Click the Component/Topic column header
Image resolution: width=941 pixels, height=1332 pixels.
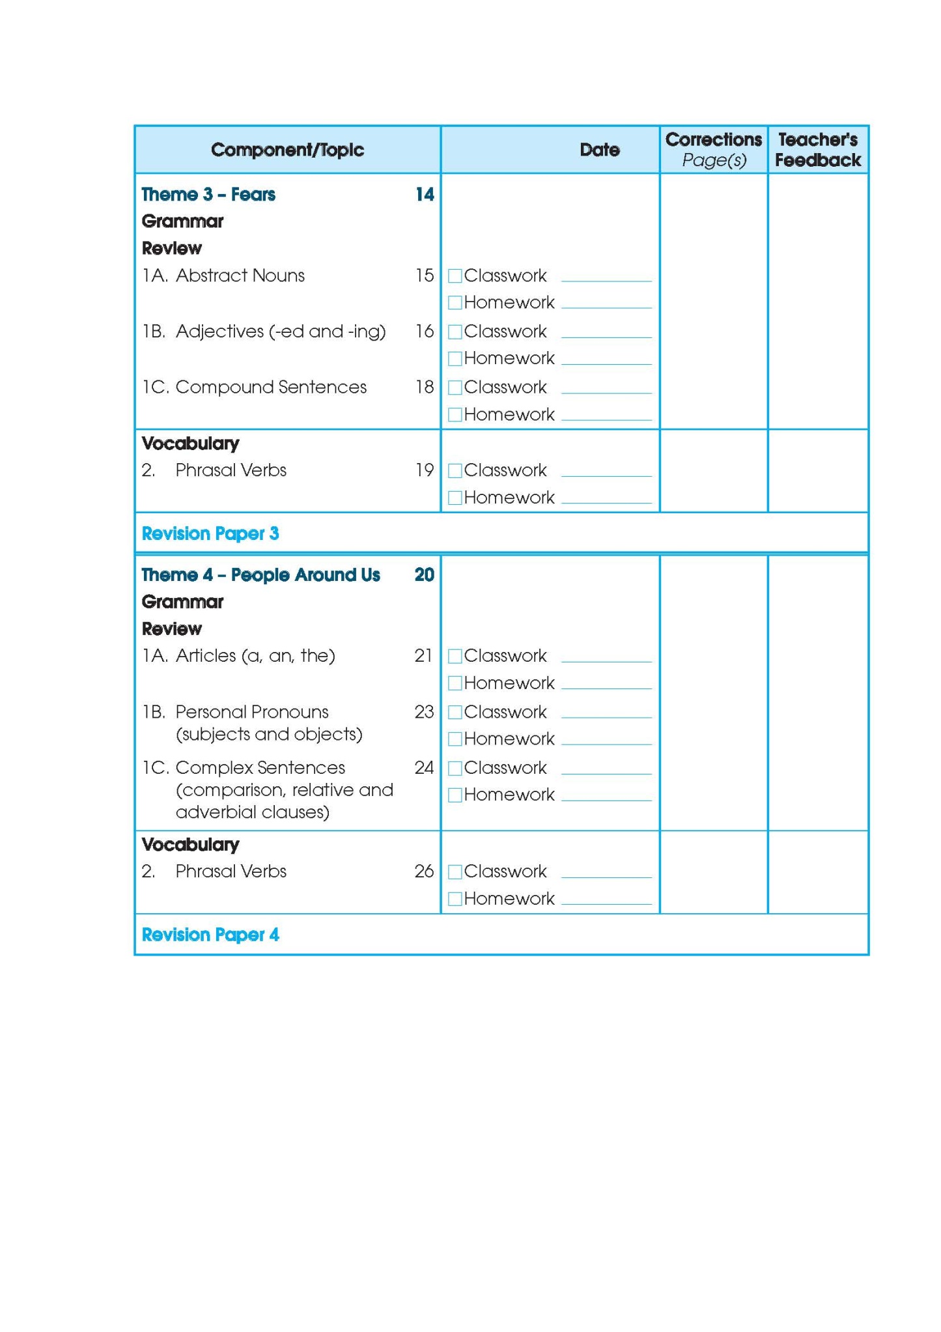[287, 150]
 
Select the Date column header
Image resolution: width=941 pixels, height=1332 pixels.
[599, 150]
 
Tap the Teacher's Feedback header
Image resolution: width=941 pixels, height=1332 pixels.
[818, 150]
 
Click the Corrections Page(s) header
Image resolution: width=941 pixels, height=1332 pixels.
[714, 150]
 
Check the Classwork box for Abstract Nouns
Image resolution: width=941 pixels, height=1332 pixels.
[455, 276]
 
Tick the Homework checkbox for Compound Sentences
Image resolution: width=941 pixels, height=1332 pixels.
[455, 415]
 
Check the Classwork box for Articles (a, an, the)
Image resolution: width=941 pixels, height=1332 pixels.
[455, 657]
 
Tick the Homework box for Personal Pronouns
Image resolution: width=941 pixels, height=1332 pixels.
[455, 739]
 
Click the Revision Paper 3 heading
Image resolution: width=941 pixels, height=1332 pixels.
[210, 534]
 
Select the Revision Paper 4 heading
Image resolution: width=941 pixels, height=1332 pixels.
[210, 935]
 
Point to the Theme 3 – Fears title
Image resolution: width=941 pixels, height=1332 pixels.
[208, 195]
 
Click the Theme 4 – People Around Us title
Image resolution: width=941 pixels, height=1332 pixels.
[260, 575]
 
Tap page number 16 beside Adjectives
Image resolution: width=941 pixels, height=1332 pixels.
[425, 332]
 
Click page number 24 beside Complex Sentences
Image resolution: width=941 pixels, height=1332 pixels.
[424, 768]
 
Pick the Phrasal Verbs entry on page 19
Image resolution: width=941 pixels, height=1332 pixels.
[231, 470]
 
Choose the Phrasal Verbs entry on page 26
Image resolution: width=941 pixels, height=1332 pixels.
[231, 871]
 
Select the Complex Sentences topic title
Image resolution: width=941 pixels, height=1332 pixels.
[260, 768]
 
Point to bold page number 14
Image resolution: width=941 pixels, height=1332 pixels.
[425, 195]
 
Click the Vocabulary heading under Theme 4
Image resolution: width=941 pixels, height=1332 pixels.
[190, 845]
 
